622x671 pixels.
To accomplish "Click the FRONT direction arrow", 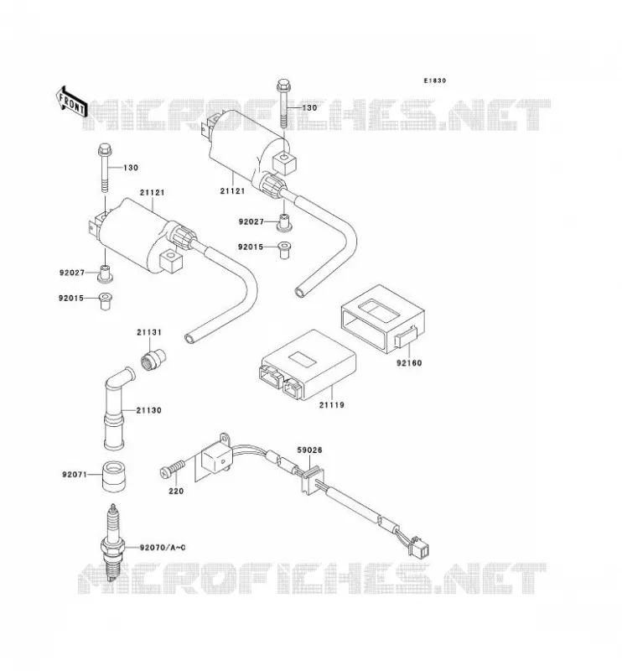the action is click(71, 102).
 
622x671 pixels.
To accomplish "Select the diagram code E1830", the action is click(434, 81).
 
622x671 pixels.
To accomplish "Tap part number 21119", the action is click(331, 404).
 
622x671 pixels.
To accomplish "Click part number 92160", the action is click(409, 363).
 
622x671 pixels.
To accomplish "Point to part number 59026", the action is click(309, 450).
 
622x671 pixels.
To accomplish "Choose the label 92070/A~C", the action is click(163, 548).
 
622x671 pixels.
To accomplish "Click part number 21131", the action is click(149, 332).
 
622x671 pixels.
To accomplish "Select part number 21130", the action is click(149, 410).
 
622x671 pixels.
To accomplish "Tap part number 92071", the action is click(75, 475).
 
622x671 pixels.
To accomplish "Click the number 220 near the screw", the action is click(176, 492).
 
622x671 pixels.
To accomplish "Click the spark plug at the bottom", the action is click(113, 543).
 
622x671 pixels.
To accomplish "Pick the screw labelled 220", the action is click(173, 468).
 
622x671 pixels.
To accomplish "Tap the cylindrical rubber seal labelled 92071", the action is click(113, 476).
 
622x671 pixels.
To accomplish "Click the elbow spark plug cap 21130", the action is click(117, 408).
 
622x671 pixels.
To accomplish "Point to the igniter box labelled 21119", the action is click(308, 365).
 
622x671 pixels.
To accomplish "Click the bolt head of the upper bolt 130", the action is click(283, 86).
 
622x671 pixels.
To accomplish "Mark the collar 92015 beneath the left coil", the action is click(106, 301).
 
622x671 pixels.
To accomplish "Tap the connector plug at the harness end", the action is click(419, 549).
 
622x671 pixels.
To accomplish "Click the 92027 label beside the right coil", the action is click(251, 222).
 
